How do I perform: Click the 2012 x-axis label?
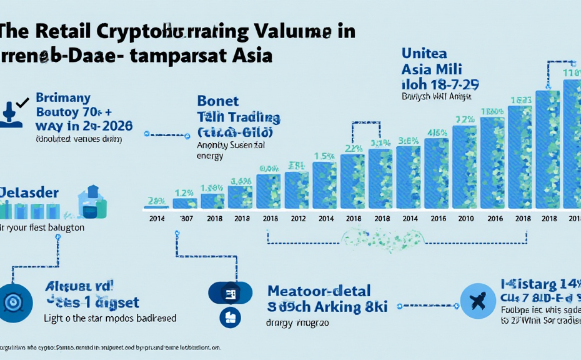coord(297,219)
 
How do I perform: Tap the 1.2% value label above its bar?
coord(185,192)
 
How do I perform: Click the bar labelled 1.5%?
coord(325,184)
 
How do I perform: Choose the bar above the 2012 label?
coord(297,190)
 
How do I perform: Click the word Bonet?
coord(219,101)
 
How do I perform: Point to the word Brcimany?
coord(63,98)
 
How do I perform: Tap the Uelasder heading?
coord(29,191)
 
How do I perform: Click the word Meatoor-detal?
coord(319,291)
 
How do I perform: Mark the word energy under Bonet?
coord(209,156)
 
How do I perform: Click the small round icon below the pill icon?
coord(230,317)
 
